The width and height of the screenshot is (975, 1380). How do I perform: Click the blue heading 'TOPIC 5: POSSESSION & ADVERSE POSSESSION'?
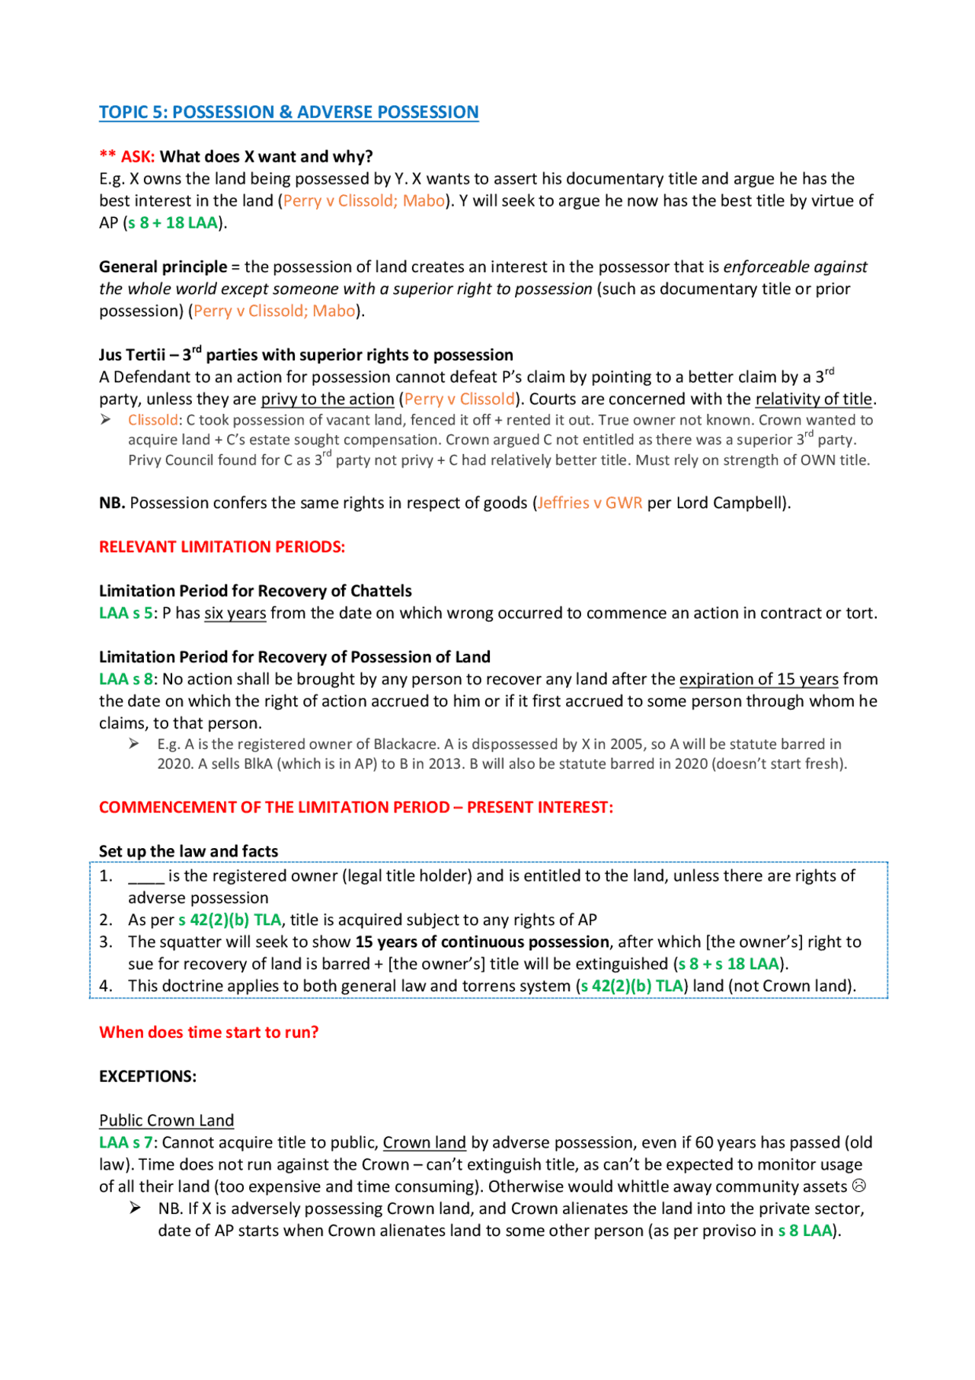pos(289,113)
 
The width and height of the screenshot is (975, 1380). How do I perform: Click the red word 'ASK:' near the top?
pos(138,157)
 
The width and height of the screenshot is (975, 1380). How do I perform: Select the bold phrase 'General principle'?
pos(163,267)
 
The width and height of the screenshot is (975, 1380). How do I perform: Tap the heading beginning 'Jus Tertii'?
pos(305,355)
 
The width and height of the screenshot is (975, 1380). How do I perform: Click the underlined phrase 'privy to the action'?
pos(328,399)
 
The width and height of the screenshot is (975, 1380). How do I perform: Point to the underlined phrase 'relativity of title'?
pos(814,399)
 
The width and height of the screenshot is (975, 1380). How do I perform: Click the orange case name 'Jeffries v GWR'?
pos(590,503)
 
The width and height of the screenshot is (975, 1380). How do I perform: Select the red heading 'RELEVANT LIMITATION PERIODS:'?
pos(222,547)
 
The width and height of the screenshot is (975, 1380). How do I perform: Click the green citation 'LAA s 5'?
pos(126,613)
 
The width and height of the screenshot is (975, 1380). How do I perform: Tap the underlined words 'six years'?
pos(235,613)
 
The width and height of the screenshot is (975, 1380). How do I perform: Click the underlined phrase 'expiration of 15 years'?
pos(759,680)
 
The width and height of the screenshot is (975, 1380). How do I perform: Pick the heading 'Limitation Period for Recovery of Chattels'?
pos(255,591)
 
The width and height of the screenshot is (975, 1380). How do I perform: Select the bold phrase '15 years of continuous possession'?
pos(482,943)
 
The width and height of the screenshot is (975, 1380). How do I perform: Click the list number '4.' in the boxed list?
pos(106,986)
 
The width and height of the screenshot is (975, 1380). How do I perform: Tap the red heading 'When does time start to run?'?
pos(209,1033)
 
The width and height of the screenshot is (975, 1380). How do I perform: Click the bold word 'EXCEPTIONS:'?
pos(148,1077)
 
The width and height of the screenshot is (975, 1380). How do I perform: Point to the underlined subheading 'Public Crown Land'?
pos(166,1121)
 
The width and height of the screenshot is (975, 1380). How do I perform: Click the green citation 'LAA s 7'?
pos(126,1143)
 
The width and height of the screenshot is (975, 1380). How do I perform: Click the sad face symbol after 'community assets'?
pos(859,1186)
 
